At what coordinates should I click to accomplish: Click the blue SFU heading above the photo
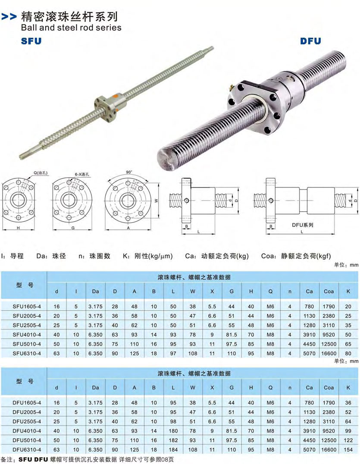pyautogui.click(x=31, y=41)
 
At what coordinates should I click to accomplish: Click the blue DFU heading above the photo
pyautogui.click(x=310, y=41)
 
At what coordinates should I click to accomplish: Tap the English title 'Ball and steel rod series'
pyautogui.click(x=71, y=28)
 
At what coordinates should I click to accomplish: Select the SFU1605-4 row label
pyautogui.click(x=27, y=307)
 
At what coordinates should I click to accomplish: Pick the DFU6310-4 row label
pyautogui.click(x=27, y=449)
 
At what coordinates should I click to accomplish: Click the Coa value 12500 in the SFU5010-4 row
pyautogui.click(x=329, y=344)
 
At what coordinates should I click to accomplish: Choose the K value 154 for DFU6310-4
pyautogui.click(x=348, y=449)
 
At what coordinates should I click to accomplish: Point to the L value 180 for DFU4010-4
pyautogui.click(x=173, y=431)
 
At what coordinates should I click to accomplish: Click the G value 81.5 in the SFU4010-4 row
pyautogui.click(x=232, y=335)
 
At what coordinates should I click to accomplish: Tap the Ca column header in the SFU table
pyautogui.click(x=310, y=292)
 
